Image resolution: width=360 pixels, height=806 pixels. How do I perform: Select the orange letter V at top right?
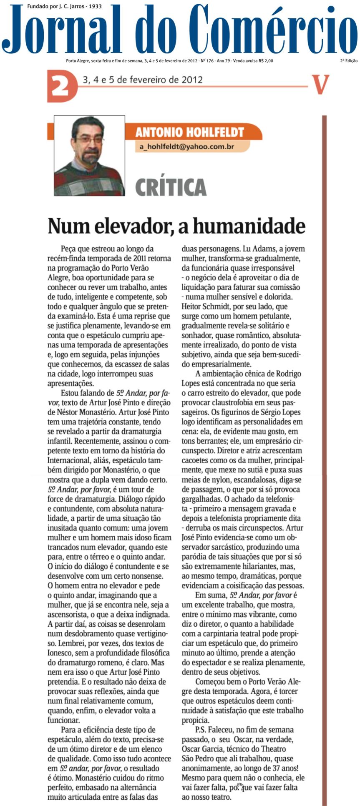320,85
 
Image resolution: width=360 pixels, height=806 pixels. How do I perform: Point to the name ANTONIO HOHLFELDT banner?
189,133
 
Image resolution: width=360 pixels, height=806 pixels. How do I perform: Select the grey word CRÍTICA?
171,187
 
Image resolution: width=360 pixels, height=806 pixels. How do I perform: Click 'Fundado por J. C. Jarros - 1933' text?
64,6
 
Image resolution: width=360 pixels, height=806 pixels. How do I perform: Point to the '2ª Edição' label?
348,61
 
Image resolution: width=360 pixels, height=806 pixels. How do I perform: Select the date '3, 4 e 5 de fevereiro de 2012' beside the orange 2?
143,80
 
